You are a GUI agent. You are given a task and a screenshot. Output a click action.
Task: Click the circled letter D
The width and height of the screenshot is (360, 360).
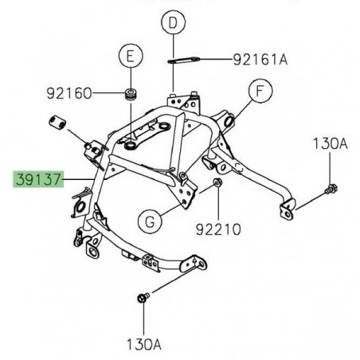click(x=171, y=25)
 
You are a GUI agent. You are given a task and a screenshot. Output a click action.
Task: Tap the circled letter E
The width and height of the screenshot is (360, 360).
click(x=128, y=57)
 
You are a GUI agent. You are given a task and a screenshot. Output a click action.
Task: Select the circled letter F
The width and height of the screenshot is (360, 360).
click(x=257, y=92)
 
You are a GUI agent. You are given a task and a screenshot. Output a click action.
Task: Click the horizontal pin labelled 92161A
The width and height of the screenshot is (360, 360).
click(x=186, y=58)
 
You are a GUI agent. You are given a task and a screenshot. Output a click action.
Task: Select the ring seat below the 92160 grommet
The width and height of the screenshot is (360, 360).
click(x=130, y=146)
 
